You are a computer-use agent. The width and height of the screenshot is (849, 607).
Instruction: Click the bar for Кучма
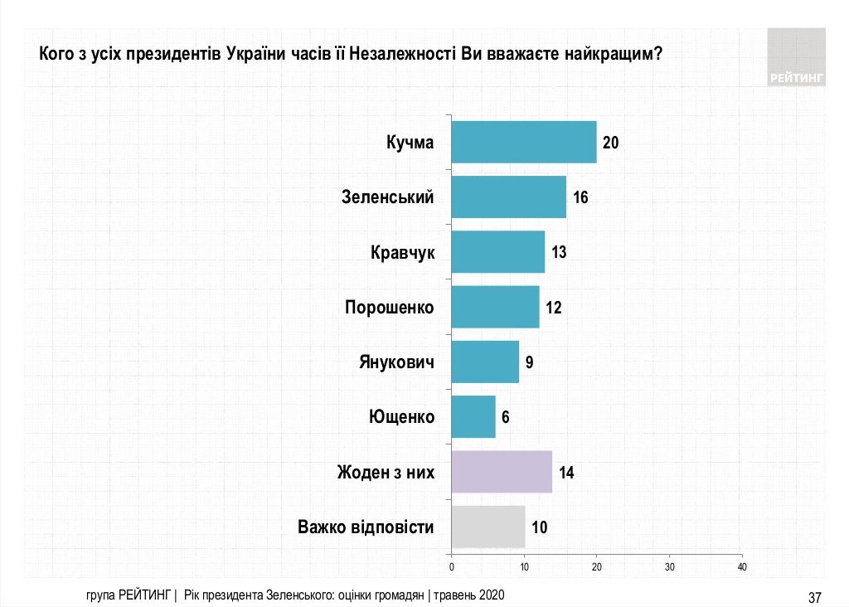coord(524,142)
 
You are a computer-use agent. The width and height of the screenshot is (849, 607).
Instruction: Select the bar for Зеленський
coord(508,197)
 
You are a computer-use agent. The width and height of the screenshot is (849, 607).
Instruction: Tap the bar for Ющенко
coord(473,416)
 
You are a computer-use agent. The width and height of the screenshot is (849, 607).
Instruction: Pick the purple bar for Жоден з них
coord(502,473)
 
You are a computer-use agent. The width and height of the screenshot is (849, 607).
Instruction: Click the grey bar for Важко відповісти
coord(488,527)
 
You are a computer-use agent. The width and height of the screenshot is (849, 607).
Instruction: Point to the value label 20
coord(611,143)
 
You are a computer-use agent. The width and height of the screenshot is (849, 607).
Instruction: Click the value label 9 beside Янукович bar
coord(530,362)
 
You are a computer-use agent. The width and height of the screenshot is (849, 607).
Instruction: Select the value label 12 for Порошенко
coord(554,308)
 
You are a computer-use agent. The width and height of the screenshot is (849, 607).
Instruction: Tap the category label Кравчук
coord(402,252)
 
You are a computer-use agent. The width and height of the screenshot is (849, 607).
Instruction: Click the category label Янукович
coord(397,362)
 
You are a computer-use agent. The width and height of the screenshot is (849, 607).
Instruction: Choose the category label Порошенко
coord(389,308)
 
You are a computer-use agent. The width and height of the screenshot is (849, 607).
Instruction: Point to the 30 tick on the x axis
coord(669,567)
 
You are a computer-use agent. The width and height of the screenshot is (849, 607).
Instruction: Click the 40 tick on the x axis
coord(742,567)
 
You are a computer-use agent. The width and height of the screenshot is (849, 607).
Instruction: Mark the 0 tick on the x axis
coord(452,567)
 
